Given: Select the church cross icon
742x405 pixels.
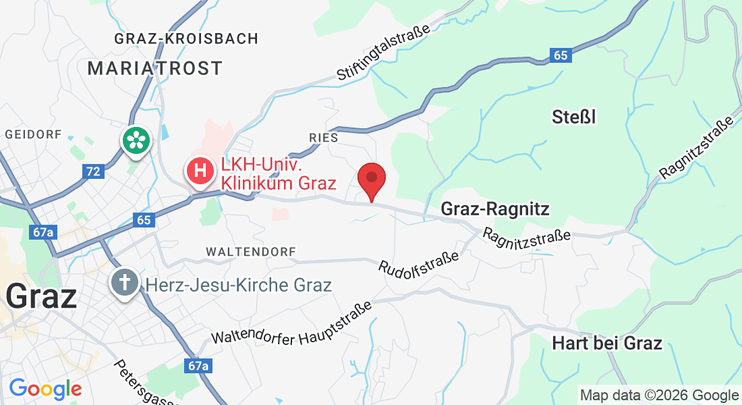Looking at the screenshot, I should (x=126, y=282).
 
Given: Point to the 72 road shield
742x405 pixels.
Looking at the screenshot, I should (x=93, y=171).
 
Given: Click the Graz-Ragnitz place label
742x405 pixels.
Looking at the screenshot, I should (x=494, y=209).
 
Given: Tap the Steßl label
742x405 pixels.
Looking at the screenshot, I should (x=574, y=117).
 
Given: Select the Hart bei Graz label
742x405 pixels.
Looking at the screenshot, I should (x=606, y=343).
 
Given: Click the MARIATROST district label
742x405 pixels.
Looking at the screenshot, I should (x=154, y=68).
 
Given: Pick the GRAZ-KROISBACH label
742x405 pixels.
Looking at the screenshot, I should (x=186, y=38).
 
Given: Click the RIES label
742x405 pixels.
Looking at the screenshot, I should (x=323, y=138).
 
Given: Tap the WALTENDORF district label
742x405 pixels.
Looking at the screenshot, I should (x=251, y=252).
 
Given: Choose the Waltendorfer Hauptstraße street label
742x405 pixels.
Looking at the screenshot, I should (x=292, y=324).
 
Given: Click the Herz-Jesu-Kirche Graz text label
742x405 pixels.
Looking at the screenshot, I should (x=239, y=285).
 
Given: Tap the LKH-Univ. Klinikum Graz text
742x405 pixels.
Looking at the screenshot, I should (x=278, y=173).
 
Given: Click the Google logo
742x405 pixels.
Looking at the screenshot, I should (x=45, y=389).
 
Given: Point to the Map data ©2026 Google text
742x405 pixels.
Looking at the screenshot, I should (x=659, y=396).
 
